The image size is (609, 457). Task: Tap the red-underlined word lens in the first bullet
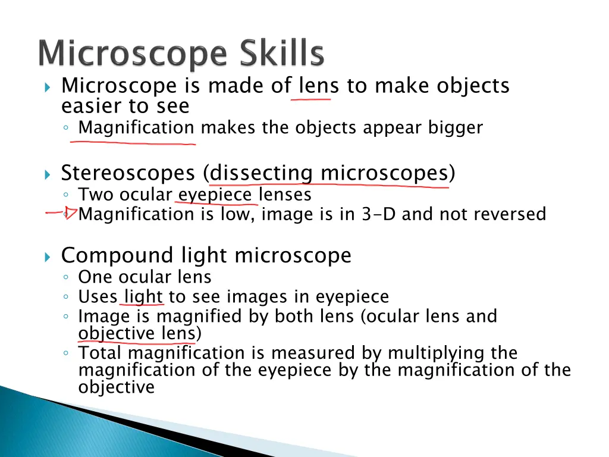tap(319, 86)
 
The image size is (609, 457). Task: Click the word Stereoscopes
tap(128, 173)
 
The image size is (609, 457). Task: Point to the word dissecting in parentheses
tap(261, 173)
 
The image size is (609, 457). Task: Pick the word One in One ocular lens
tap(96, 277)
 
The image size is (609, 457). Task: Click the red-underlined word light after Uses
tap(143, 296)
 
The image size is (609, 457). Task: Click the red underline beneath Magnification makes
tap(133, 143)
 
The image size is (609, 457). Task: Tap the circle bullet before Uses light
tap(68, 297)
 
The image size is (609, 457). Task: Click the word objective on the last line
tap(117, 387)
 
